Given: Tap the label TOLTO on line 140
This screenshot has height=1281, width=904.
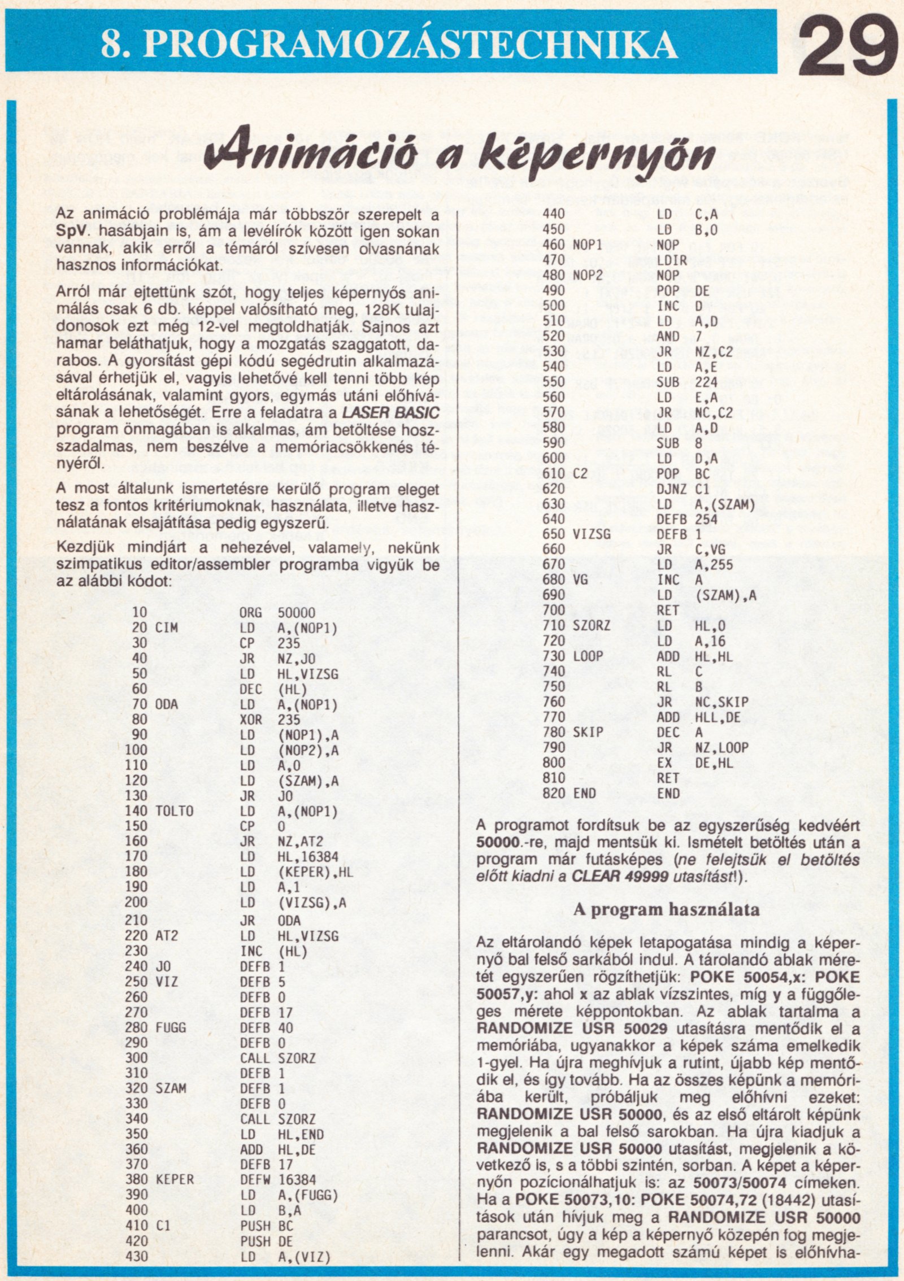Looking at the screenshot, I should tap(174, 811).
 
